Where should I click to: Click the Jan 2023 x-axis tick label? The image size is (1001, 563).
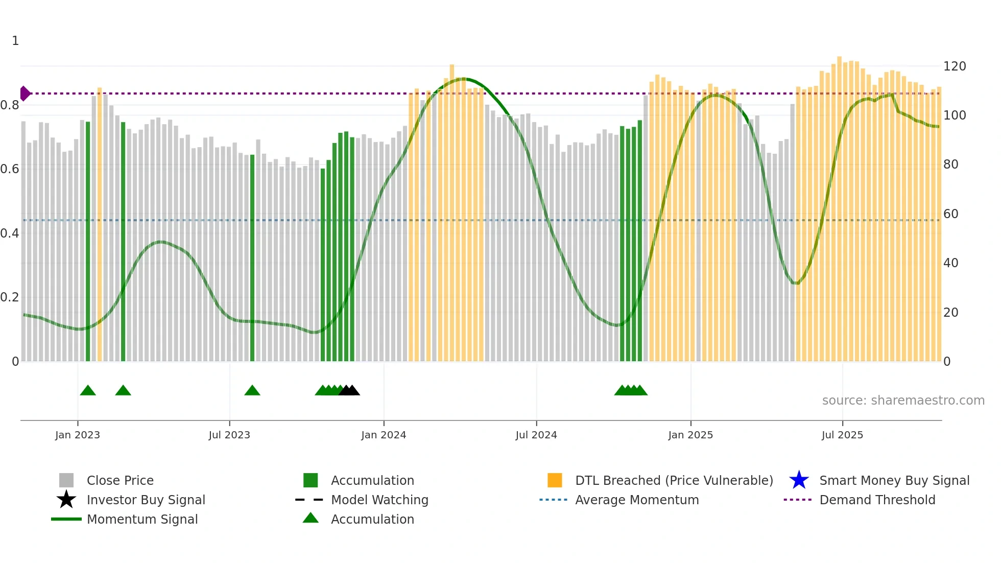(x=78, y=435)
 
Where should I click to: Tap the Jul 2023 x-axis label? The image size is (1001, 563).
(x=229, y=435)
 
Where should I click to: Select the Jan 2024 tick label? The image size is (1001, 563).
(x=384, y=435)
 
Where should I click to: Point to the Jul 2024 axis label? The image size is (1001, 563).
(x=536, y=435)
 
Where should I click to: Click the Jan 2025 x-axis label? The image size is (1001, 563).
(x=690, y=435)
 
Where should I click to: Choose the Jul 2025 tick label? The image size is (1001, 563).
(x=842, y=435)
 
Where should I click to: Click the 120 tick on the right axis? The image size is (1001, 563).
(x=955, y=66)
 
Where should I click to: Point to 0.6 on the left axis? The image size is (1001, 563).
(x=10, y=169)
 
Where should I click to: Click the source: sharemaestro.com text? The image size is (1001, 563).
(x=903, y=401)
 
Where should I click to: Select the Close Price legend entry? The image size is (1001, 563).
(x=120, y=480)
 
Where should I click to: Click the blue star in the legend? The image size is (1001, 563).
(x=799, y=480)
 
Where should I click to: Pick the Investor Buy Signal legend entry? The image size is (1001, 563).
(x=146, y=500)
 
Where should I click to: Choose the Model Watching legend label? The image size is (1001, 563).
(x=379, y=500)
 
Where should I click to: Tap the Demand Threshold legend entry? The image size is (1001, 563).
(x=877, y=500)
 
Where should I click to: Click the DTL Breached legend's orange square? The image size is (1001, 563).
(x=555, y=480)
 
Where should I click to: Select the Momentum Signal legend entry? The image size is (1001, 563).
(x=142, y=519)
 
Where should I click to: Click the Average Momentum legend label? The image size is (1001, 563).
(x=637, y=500)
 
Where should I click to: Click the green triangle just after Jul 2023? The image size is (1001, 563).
(x=252, y=391)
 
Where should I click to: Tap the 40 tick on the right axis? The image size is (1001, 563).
(x=951, y=263)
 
